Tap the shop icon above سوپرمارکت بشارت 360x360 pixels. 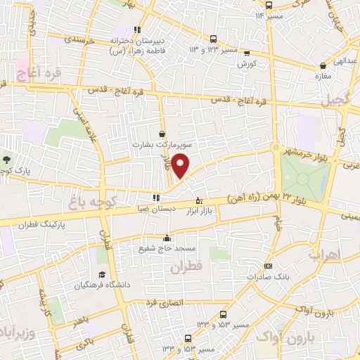pos(163,134)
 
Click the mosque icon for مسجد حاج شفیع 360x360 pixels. pos(167,237)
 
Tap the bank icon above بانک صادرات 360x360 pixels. pos(268,266)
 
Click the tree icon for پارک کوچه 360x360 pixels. pos(6,160)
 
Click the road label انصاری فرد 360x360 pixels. pos(163,302)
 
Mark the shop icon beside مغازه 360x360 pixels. pos(314,66)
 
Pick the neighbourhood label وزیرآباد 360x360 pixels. pos(16,331)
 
